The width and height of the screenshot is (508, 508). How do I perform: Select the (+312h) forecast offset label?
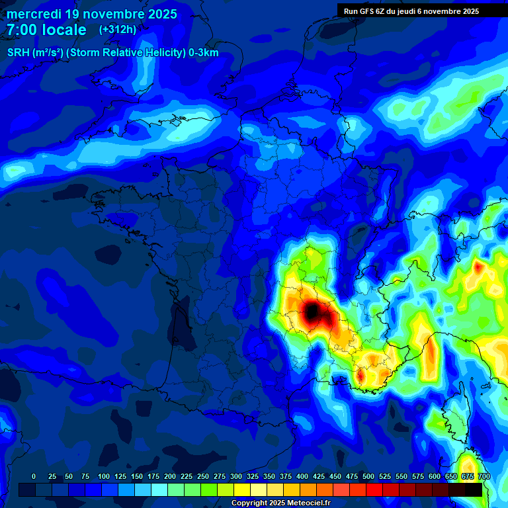click(x=118, y=30)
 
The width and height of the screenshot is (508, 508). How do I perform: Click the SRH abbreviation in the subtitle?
click(x=19, y=53)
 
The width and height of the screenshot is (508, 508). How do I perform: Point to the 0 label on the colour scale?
click(x=34, y=477)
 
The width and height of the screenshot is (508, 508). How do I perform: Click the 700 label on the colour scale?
click(x=484, y=477)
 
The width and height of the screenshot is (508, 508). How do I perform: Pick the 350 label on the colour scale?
click(x=269, y=477)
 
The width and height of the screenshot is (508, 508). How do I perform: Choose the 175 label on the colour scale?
click(x=153, y=477)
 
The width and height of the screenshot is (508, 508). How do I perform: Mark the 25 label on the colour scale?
click(x=52, y=477)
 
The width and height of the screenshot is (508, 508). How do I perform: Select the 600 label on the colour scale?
click(x=435, y=477)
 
